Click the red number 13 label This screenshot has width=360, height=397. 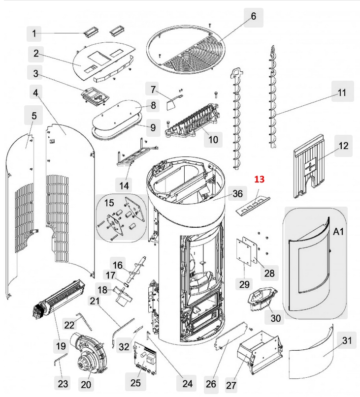click(259, 180)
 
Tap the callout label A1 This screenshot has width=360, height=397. click(338, 231)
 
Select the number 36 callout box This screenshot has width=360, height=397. click(237, 194)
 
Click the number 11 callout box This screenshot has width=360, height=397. click(342, 92)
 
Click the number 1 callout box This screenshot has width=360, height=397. click(34, 34)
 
